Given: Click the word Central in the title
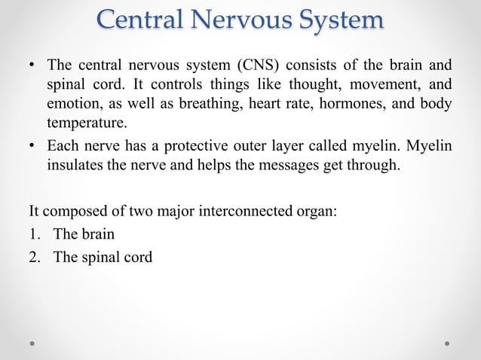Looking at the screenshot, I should pos(144,20).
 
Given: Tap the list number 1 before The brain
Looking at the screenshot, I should pos(33,233).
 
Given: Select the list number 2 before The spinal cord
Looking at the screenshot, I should pos(33,257).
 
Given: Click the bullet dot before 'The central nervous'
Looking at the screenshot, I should pos(32,65).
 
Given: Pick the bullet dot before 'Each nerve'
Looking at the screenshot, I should pos(32,146).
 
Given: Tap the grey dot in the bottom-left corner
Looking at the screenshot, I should pos(33,343).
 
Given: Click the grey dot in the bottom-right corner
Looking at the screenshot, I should pos(447,343).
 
